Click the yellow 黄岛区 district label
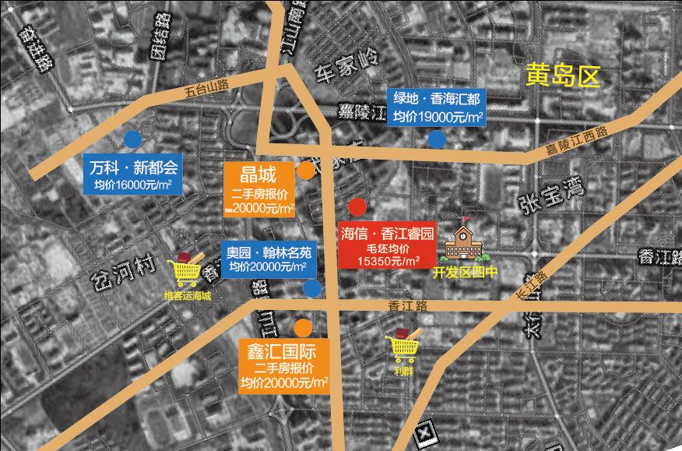pyautogui.click(x=564, y=76)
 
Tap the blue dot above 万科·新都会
pyautogui.click(x=132, y=139)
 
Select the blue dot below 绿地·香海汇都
pyautogui.click(x=437, y=139)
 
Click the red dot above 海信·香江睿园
pyautogui.click(x=357, y=207)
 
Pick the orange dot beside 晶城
pyautogui.click(x=307, y=170)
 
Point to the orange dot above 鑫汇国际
pyautogui.click(x=303, y=326)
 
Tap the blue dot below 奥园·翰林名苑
pyautogui.click(x=312, y=289)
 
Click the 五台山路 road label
pyautogui.click(x=206, y=90)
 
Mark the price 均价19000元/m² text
pyautogui.click(x=438, y=117)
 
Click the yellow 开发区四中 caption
pyautogui.click(x=465, y=273)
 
